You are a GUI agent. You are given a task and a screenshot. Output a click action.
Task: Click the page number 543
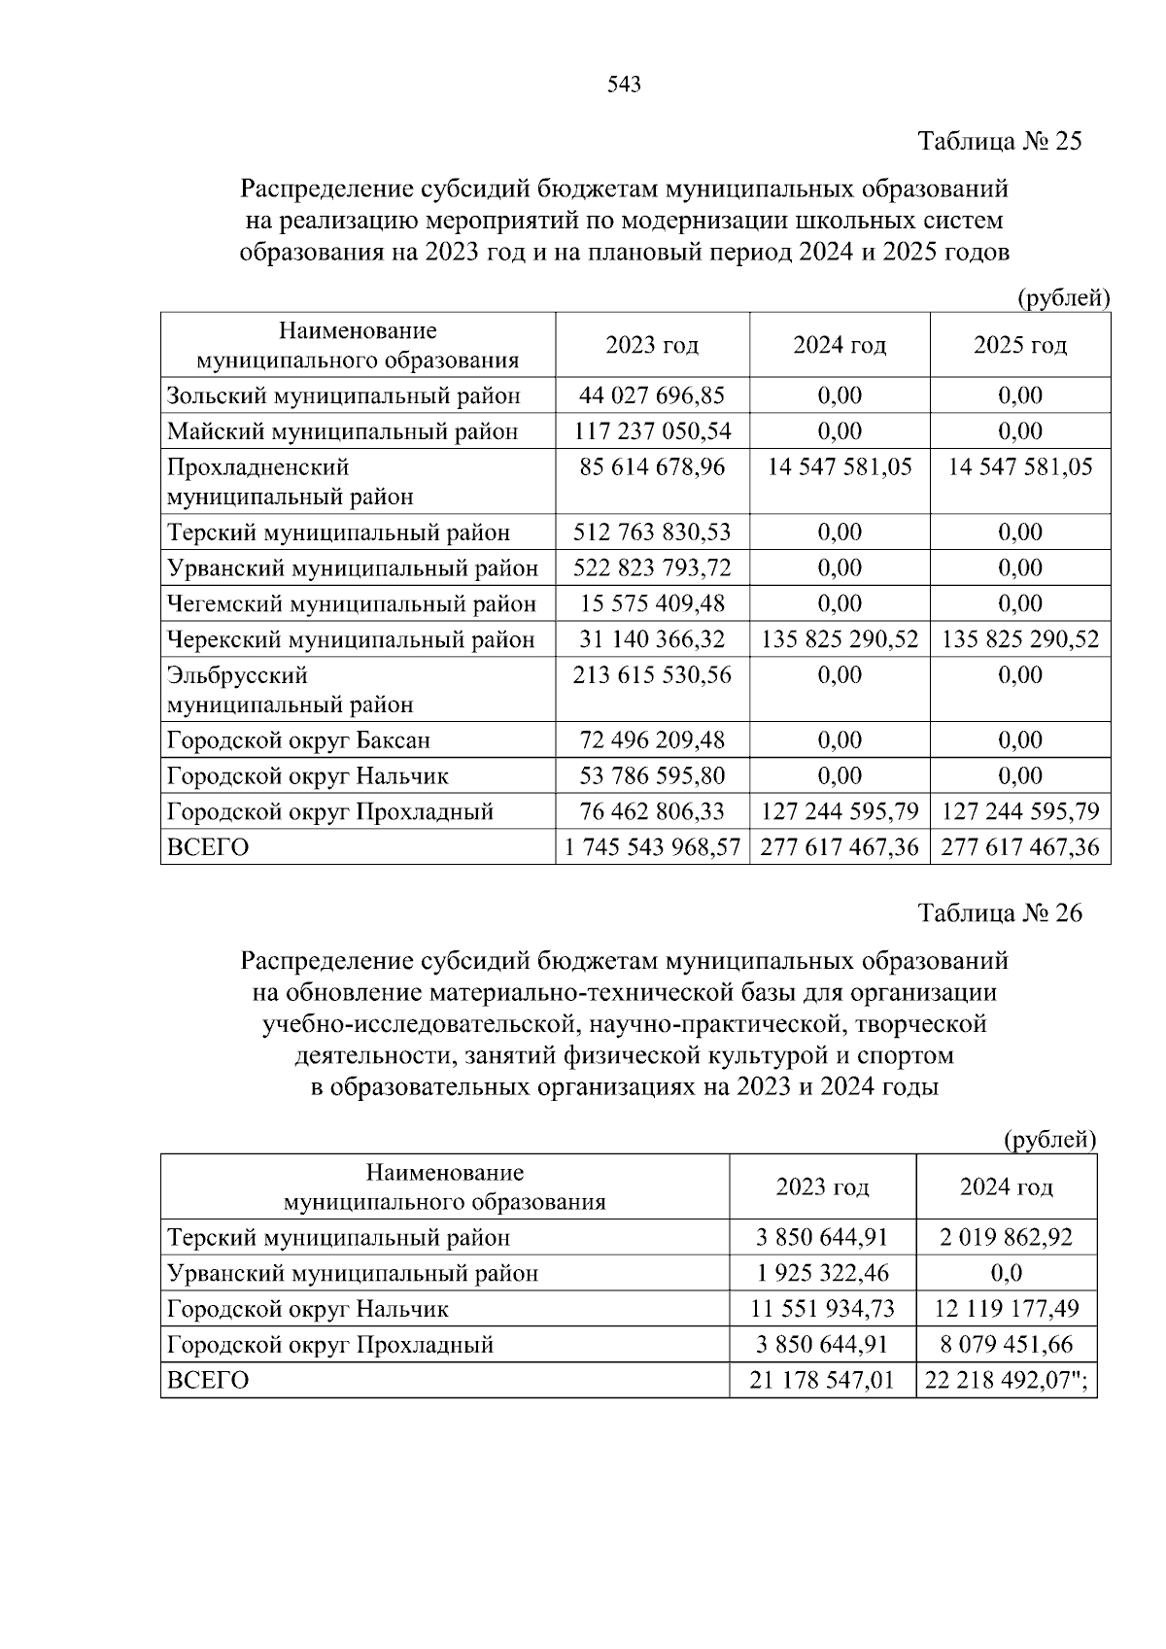[624, 86]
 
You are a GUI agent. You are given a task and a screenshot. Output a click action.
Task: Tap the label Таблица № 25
[1000, 142]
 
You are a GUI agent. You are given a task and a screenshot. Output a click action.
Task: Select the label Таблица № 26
[1000, 913]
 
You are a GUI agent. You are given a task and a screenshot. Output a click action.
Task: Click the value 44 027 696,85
[652, 395]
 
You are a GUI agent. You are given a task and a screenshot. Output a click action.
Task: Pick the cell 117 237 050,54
[652, 431]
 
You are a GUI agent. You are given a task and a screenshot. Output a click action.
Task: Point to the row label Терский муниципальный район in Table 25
[338, 532]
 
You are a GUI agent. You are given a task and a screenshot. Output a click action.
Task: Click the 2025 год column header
[1020, 346]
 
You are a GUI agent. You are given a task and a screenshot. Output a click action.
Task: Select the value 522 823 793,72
[652, 568]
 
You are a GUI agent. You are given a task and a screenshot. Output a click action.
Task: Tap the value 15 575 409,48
[652, 603]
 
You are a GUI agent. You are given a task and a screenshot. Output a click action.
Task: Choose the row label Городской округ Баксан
[298, 740]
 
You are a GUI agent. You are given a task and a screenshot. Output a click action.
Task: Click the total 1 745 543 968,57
[652, 847]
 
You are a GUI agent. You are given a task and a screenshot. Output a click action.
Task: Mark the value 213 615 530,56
[652, 675]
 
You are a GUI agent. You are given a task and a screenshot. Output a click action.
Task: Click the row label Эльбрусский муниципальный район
[290, 690]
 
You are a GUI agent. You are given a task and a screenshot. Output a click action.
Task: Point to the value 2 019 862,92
[1006, 1238]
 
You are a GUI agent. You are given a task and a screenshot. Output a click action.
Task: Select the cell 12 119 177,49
[1006, 1309]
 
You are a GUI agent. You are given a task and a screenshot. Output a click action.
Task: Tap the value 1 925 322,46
[822, 1273]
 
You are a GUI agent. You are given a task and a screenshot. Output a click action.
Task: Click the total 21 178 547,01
[822, 1380]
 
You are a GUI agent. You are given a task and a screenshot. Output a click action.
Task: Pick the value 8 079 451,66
[1006, 1345]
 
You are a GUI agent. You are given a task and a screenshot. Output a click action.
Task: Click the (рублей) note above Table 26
[1049, 1139]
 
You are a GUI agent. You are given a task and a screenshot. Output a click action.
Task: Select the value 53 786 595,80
[652, 776]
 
